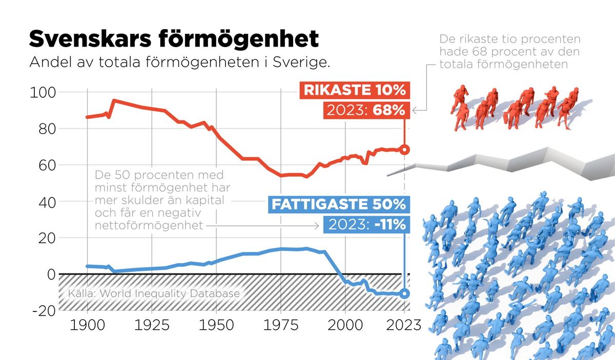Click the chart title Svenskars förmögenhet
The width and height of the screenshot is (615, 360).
pos(174,39)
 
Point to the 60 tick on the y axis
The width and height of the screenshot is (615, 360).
pos(46,165)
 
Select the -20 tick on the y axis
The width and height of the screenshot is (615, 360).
pos(43,311)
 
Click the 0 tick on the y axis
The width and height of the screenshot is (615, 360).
pos(50,274)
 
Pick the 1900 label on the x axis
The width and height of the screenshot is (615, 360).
pos(87,326)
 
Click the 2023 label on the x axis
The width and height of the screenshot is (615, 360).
pos(404,326)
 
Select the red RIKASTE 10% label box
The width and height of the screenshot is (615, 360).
pos(355,91)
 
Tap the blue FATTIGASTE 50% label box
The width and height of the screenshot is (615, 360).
pos(338,205)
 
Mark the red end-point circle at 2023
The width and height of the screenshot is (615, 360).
pos(404,150)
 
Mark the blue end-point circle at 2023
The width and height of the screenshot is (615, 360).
pos(404,293)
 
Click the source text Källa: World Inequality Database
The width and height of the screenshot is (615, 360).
pos(154,293)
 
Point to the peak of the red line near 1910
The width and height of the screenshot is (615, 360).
pos(113,100)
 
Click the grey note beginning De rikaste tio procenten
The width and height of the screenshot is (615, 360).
pos(510,52)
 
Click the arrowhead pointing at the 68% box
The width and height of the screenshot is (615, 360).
pos(415,110)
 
